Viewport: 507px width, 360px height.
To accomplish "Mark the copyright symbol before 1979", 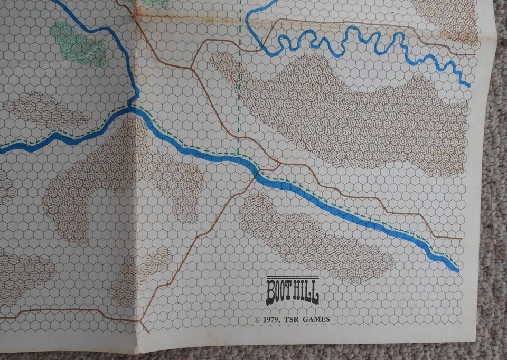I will click(x=257, y=320).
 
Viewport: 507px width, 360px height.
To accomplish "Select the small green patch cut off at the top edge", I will click(x=156, y=3).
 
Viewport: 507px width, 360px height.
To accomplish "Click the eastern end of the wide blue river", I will click(x=455, y=268).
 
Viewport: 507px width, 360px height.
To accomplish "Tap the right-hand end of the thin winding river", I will click(x=467, y=83).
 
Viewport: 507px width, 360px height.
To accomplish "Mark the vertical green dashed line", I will click(x=240, y=79).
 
